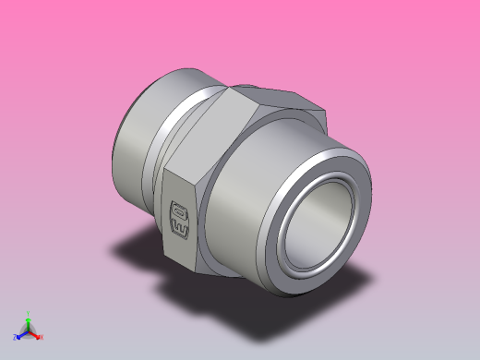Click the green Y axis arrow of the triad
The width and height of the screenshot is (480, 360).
[29, 320]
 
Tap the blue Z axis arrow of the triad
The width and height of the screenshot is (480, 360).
[21, 335]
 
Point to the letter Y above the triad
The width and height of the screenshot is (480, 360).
[29, 313]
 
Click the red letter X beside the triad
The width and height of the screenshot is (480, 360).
[42, 337]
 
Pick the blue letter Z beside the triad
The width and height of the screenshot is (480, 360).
[15, 338]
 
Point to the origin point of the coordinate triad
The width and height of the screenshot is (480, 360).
[29, 330]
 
